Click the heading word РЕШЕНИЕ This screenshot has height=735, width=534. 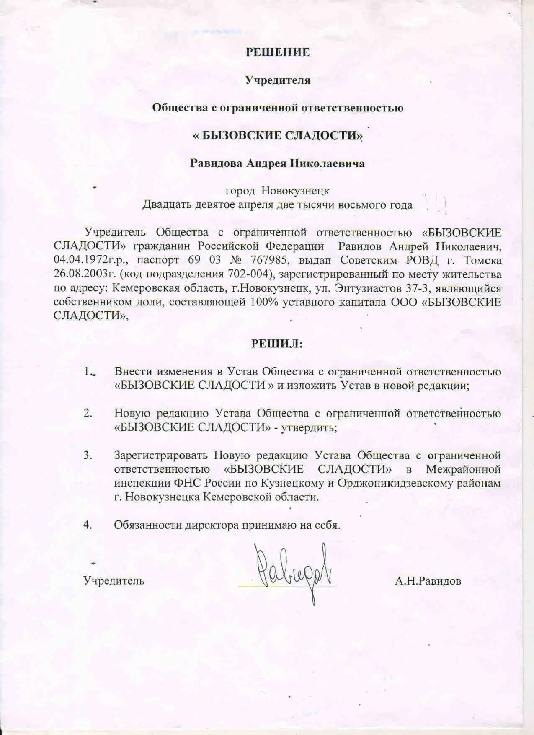coord(277,52)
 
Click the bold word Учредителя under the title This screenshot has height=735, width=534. coord(278,80)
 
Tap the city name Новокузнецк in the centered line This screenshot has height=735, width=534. coord(296,191)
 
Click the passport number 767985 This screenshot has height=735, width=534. coord(268,260)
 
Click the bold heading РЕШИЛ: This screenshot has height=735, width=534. coord(277,344)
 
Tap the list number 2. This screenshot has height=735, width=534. coord(88,413)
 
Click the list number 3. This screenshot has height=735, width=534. coord(88,455)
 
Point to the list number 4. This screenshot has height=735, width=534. coord(88,525)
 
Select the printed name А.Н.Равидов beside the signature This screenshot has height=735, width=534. coord(428,581)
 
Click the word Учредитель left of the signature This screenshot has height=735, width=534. coord(114,581)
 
